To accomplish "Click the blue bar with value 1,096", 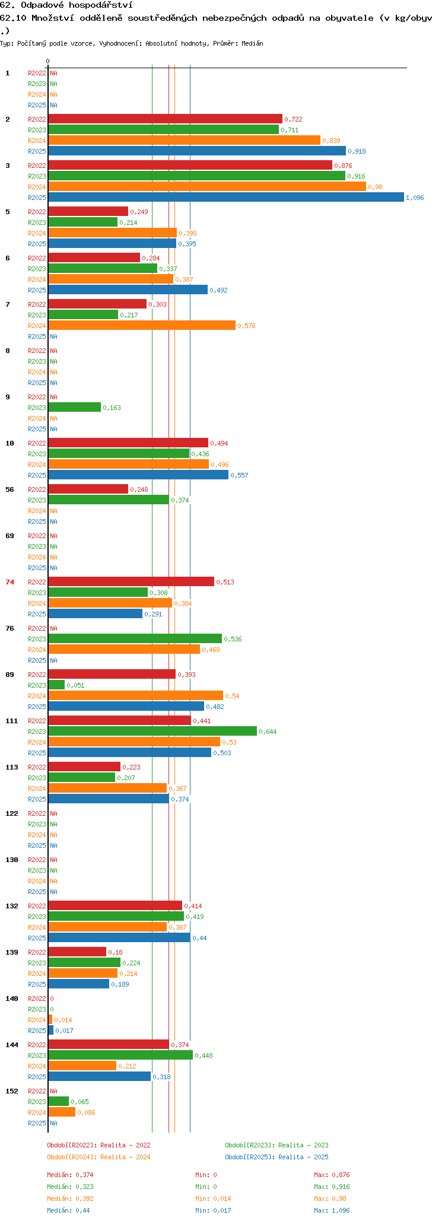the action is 226,198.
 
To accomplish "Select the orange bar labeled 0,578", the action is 142,326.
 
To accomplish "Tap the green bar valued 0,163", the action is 75,408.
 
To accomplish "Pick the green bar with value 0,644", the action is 152,732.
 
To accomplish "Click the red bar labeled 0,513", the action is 131,582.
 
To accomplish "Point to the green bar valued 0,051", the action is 56,685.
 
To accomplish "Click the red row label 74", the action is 9,582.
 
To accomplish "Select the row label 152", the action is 12,1091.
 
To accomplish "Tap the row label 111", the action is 12,721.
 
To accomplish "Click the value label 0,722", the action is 293,119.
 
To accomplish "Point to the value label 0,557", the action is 239,475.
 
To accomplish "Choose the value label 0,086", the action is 86,1112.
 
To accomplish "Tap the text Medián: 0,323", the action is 70,1187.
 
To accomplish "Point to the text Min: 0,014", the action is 213,1198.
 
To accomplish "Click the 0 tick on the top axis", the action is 48,61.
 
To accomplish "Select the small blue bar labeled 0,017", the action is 51,1031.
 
